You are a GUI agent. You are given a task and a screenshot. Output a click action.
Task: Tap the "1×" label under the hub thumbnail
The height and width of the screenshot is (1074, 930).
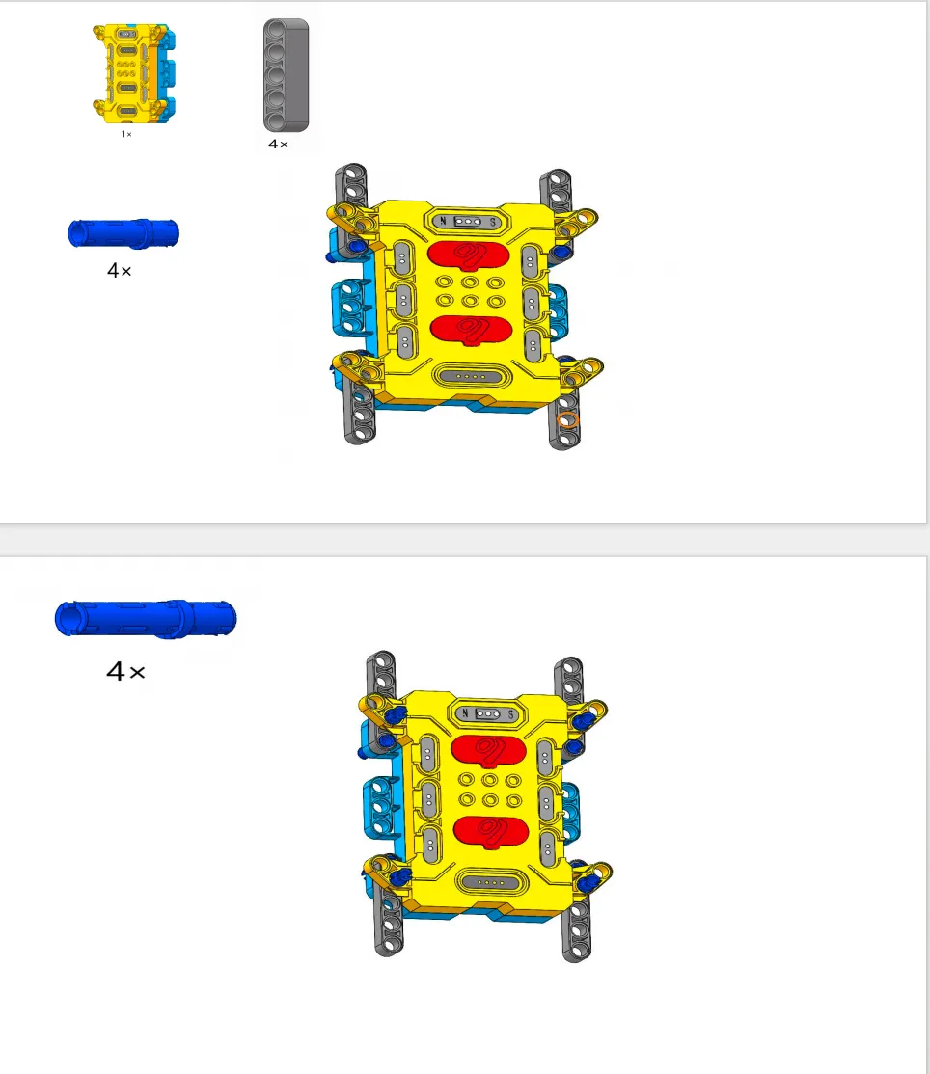(x=126, y=134)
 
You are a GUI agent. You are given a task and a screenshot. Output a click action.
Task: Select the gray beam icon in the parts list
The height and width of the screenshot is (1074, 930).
(x=287, y=74)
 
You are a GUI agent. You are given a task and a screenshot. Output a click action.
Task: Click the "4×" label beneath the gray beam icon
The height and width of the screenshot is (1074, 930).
(x=278, y=144)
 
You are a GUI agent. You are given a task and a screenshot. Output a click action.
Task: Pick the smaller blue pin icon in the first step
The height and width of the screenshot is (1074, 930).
(x=123, y=233)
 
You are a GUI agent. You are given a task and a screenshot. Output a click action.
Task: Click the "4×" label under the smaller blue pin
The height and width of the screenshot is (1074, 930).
(x=120, y=271)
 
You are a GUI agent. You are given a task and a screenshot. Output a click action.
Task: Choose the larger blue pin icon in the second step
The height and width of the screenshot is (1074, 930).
(x=146, y=619)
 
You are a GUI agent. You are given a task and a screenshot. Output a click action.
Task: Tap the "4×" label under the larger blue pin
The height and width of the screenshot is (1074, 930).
(x=125, y=671)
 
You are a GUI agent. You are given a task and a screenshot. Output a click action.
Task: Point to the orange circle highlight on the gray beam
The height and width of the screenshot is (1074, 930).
(x=568, y=420)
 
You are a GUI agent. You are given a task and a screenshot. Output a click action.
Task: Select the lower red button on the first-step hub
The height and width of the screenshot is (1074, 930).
(x=472, y=330)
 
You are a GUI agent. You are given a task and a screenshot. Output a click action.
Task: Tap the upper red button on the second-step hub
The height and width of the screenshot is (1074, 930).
(x=489, y=750)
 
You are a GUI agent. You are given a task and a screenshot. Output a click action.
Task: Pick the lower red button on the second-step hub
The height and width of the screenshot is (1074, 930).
(x=491, y=831)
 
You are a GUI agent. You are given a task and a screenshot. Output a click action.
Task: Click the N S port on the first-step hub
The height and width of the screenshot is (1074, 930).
(x=467, y=221)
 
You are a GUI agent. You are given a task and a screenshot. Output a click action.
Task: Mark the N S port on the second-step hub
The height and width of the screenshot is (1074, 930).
(x=487, y=713)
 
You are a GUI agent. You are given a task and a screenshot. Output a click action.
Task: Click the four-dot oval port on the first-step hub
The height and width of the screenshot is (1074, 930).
(x=472, y=376)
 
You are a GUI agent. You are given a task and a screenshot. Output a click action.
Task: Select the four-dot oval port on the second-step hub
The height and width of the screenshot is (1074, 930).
(x=492, y=882)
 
